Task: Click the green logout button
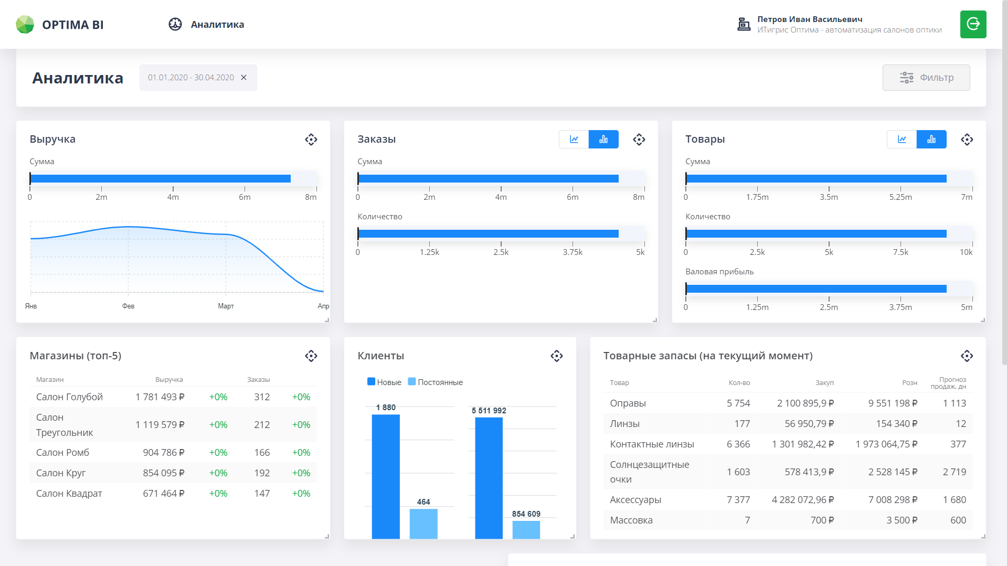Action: pyautogui.click(x=973, y=24)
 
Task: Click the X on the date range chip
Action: pyautogui.click(x=244, y=78)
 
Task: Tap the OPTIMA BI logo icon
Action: pyautogui.click(x=25, y=25)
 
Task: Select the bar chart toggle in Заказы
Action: pyautogui.click(x=603, y=140)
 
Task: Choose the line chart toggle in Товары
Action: pyautogui.click(x=902, y=140)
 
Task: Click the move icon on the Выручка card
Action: pyautogui.click(x=311, y=140)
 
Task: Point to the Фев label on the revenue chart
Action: pyautogui.click(x=128, y=306)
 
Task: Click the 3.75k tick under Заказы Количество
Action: pyautogui.click(x=573, y=252)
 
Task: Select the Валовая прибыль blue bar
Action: pyautogui.click(x=816, y=289)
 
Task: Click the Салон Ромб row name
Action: pyautogui.click(x=62, y=453)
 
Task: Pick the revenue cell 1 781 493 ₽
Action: pyautogui.click(x=160, y=397)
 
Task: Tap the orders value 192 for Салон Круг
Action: pyautogui.click(x=262, y=473)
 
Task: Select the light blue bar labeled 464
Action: pyautogui.click(x=423, y=523)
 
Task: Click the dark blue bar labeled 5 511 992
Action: pyautogui.click(x=489, y=477)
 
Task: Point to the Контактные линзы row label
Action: pyautogui.click(x=652, y=444)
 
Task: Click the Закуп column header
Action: pyautogui.click(x=824, y=383)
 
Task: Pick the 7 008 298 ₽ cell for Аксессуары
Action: pyautogui.click(x=893, y=500)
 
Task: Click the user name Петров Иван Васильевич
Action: pyautogui.click(x=810, y=19)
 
